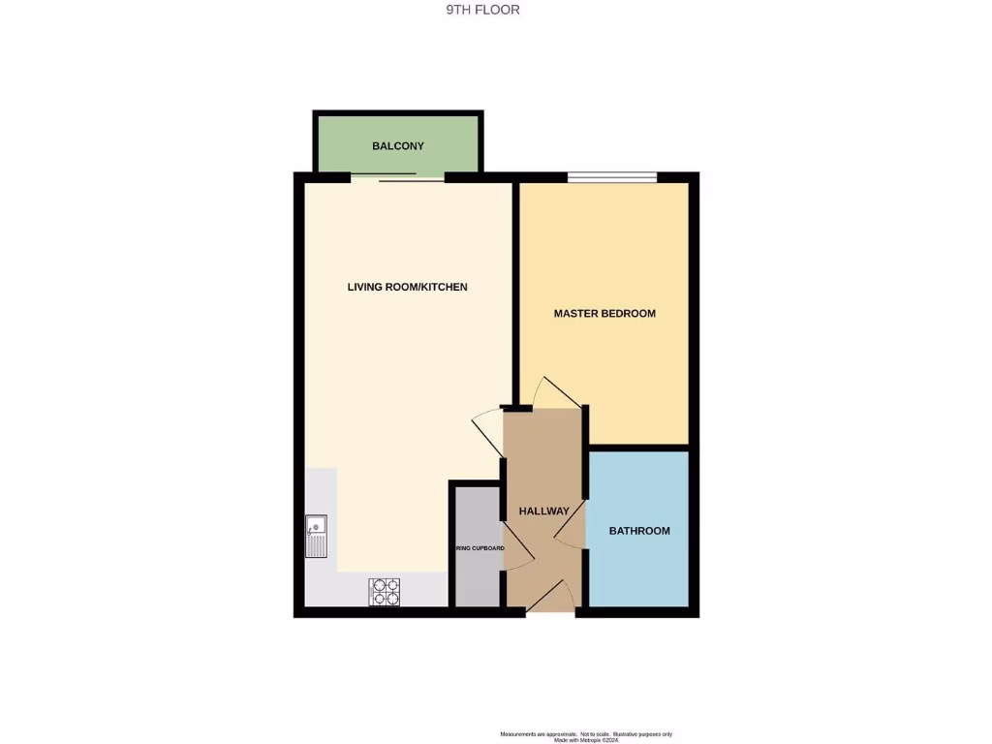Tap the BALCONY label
pyautogui.click(x=398, y=146)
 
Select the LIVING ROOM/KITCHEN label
pyautogui.click(x=407, y=287)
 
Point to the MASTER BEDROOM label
pyautogui.click(x=604, y=314)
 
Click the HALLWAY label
pyautogui.click(x=543, y=511)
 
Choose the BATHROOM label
pyautogui.click(x=639, y=531)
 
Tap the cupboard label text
pyautogui.click(x=480, y=548)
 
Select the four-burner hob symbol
pyautogui.click(x=385, y=591)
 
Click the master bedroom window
pyautogui.click(x=612, y=176)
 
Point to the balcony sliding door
pyautogui.click(x=397, y=178)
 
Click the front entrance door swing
pyautogui.click(x=548, y=597)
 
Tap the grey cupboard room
pyautogui.click(x=475, y=581)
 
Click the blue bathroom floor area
pyautogui.click(x=639, y=572)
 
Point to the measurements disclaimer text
pyautogui.click(x=585, y=736)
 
